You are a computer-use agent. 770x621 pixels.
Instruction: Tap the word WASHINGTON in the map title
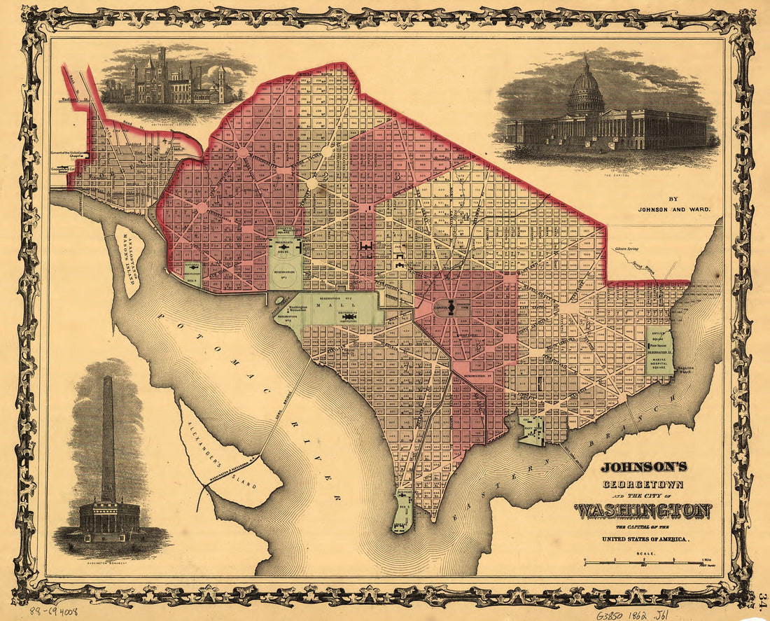(643, 512)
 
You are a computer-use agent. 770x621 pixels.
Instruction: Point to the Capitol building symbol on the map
(451, 307)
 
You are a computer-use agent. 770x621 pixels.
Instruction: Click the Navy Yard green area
(532, 430)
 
